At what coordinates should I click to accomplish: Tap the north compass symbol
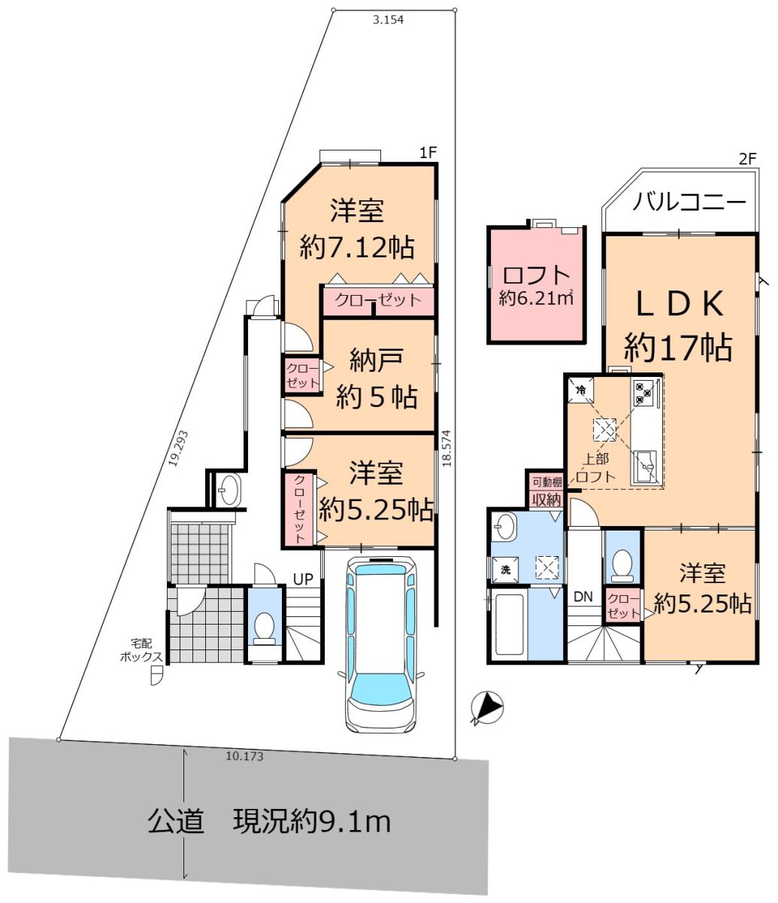point(486,707)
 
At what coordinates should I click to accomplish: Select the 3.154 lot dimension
point(388,20)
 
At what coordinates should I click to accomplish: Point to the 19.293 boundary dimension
point(178,448)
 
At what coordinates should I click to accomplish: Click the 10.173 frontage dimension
point(244,756)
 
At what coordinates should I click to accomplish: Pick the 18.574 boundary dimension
point(446,448)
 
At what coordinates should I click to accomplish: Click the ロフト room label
point(536,275)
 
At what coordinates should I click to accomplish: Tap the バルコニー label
point(689,202)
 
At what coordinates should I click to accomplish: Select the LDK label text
point(680,303)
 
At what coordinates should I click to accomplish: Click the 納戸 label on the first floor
point(376,360)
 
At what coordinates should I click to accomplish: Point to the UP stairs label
point(303,579)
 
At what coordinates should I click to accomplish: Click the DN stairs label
point(583,597)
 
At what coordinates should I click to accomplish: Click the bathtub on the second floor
point(509,625)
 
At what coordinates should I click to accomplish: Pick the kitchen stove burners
point(644,393)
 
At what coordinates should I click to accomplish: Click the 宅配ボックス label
point(141,650)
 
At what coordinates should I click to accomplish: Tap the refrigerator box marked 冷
point(581,390)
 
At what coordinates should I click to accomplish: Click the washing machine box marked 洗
point(505,570)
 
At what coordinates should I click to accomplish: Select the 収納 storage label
point(546,500)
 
